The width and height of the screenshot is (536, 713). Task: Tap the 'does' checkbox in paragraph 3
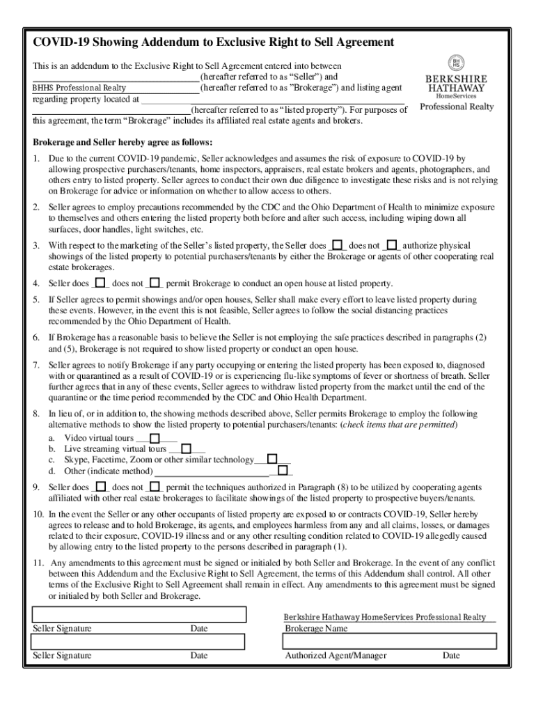338,245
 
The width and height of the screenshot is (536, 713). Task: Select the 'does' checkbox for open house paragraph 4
101,283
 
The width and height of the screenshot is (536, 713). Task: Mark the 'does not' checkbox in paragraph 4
156,283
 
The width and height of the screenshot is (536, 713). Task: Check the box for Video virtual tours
155,438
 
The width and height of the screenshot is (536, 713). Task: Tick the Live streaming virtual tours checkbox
186,448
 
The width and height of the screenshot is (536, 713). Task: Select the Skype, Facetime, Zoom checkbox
272,459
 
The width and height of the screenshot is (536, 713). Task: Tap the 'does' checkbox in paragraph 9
101,487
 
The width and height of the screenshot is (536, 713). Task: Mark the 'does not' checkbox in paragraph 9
156,487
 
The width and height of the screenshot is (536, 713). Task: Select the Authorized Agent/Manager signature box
390,641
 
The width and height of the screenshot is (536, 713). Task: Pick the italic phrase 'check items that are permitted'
398,424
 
